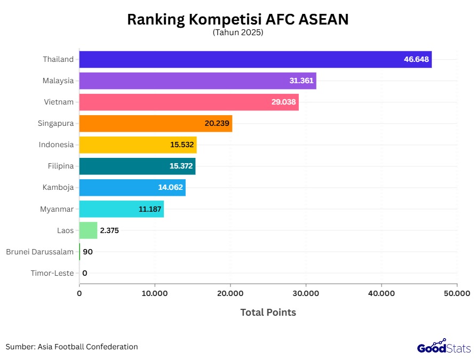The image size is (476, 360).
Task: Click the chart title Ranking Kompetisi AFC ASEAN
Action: pyautogui.click(x=237, y=19)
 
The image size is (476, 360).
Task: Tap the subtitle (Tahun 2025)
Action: pyautogui.click(x=238, y=33)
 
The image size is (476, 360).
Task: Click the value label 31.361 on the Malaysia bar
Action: pyautogui.click(x=301, y=81)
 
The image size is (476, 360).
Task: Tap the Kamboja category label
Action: pyautogui.click(x=58, y=187)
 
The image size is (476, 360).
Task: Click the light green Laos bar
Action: pyautogui.click(x=88, y=230)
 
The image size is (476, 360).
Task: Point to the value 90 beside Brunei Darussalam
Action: pyautogui.click(x=88, y=252)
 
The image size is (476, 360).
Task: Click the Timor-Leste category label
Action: pyautogui.click(x=52, y=273)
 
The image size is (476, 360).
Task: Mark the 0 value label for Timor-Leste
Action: pyautogui.click(x=84, y=273)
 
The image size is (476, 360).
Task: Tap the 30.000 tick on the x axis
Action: pyautogui.click(x=306, y=293)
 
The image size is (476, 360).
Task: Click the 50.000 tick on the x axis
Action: pyautogui.click(x=456, y=293)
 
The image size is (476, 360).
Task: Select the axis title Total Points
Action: pyautogui.click(x=268, y=313)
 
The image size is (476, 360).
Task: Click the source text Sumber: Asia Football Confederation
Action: pyautogui.click(x=72, y=347)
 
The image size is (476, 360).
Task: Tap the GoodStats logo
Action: pyautogui.click(x=443, y=347)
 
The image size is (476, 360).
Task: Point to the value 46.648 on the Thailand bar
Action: pyautogui.click(x=416, y=59)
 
